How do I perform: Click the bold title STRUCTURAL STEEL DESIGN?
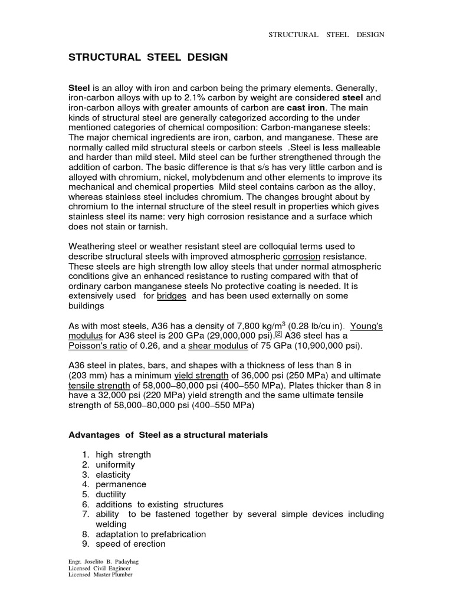[148, 57]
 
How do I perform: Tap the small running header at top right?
[326, 35]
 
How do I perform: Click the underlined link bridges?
[172, 296]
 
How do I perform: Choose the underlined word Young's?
[367, 326]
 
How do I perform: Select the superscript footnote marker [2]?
[279, 334]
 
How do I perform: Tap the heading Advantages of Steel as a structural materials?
[168, 435]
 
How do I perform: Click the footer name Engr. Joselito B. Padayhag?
[104, 562]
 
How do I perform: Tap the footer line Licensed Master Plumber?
[101, 575]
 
